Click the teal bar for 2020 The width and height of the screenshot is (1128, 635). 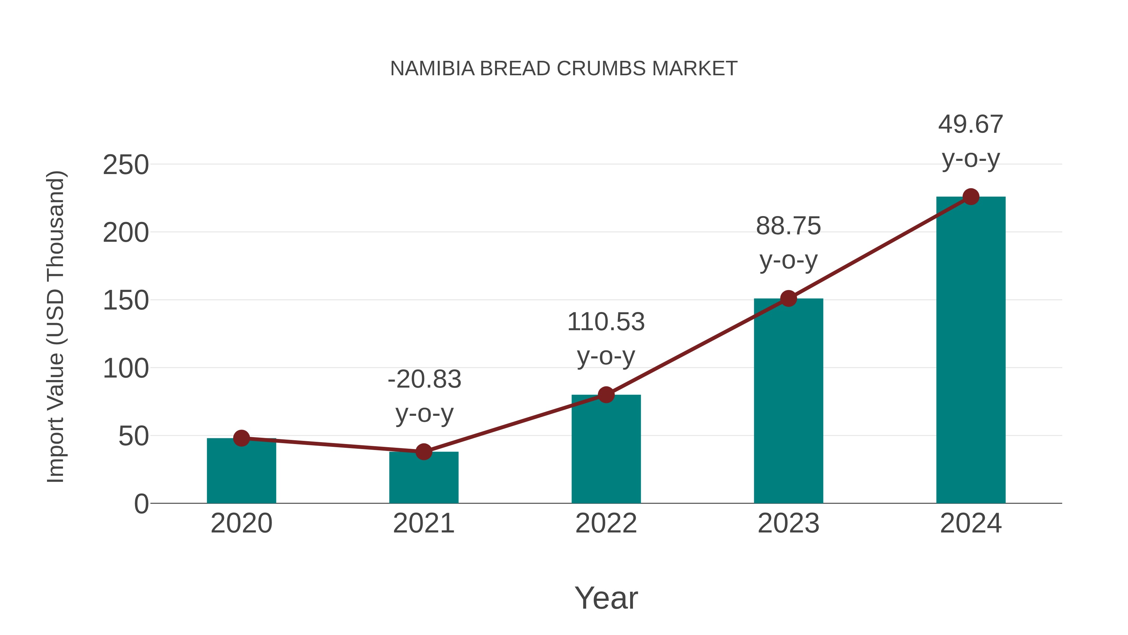241,471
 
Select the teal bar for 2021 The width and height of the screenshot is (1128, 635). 423,478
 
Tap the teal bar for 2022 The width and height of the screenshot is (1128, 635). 606,449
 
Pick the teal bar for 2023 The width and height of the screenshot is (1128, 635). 788,401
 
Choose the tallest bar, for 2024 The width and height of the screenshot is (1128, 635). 971,351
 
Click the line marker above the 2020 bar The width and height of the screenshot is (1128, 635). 241,438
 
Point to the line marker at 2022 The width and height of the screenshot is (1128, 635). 606,395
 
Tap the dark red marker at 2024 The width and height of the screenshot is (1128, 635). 971,197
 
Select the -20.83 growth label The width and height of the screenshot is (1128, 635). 424,379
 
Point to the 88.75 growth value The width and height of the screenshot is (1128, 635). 788,227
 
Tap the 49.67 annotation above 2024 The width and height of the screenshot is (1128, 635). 971,124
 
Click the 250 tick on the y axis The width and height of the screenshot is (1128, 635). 126,166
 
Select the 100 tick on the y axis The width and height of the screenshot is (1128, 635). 126,369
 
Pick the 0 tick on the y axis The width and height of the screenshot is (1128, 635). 141,504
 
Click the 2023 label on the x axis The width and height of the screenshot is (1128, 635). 788,523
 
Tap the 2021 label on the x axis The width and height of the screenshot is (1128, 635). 423,523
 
